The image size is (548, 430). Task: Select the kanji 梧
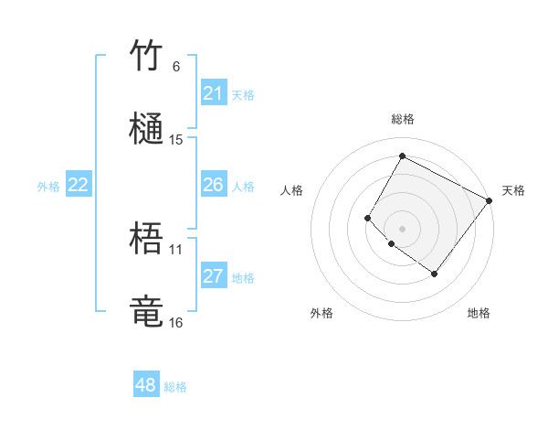(147, 240)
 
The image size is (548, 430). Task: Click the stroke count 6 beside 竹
(176, 67)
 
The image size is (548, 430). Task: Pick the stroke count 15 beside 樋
(176, 140)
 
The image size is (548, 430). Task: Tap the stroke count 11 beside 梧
(176, 249)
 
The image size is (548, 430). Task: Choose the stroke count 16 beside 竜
(176, 322)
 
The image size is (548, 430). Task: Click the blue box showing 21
(213, 93)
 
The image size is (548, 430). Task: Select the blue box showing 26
(213, 185)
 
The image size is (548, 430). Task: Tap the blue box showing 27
(213, 276)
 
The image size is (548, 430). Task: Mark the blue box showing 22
(79, 185)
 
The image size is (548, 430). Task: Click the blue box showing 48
(146, 385)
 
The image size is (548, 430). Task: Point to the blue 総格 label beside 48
(175, 387)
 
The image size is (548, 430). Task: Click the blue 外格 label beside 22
(48, 187)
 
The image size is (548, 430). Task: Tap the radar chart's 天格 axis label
(513, 190)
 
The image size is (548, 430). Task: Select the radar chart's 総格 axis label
(402, 119)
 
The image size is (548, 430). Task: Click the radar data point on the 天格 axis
(489, 200)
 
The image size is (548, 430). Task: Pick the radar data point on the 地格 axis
(434, 274)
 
